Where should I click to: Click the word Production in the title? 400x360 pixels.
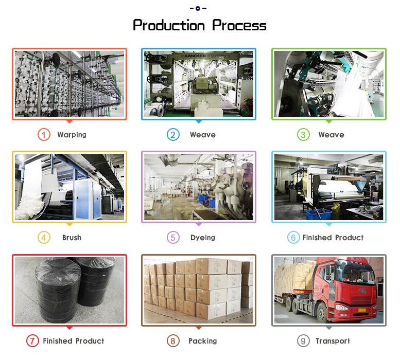[x=169, y=26]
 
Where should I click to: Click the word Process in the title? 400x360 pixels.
[x=239, y=26]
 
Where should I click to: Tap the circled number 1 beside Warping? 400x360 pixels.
[x=44, y=135]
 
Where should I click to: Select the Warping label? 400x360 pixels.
[x=72, y=135]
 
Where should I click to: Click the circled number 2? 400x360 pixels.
[x=173, y=135]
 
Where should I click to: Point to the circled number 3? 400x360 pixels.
[x=303, y=135]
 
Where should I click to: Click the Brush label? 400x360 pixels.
[x=72, y=238]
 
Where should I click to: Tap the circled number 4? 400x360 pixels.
[x=44, y=238]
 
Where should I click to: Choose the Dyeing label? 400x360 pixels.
[x=202, y=238]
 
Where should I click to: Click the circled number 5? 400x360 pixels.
[x=173, y=238]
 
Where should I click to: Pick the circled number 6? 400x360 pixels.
[x=293, y=238]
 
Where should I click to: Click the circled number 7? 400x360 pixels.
[x=32, y=340]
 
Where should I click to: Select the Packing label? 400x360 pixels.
[x=202, y=341]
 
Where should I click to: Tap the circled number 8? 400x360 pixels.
[x=173, y=340]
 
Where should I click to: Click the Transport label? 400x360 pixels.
[x=333, y=341]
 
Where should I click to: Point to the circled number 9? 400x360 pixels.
[x=303, y=340]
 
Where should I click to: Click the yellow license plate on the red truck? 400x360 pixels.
[x=362, y=310]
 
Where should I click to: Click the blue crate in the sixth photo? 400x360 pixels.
[x=319, y=214]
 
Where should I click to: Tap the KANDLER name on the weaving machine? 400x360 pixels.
[x=195, y=56]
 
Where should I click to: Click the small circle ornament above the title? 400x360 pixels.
[x=198, y=8]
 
